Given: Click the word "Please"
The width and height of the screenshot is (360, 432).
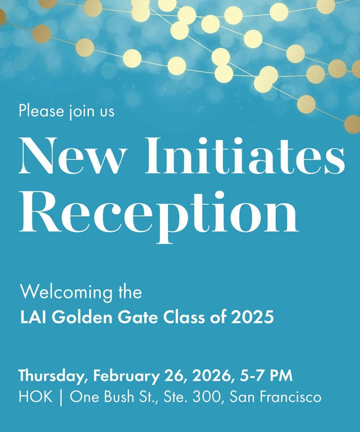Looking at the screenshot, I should (41, 111).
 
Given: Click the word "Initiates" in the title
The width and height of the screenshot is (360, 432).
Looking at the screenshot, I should (245, 156).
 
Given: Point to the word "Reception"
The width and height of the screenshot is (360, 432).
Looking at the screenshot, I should (159, 213).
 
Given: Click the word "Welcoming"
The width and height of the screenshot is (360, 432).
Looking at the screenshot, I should (66, 292).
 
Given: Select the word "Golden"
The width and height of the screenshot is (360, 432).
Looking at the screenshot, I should (82, 317).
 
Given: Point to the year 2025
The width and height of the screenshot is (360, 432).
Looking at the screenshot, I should (252, 317).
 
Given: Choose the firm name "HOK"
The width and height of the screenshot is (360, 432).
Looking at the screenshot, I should (36, 397).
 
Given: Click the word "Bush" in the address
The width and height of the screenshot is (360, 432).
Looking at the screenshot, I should (119, 397).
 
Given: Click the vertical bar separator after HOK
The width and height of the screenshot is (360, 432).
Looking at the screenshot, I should (61, 397).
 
